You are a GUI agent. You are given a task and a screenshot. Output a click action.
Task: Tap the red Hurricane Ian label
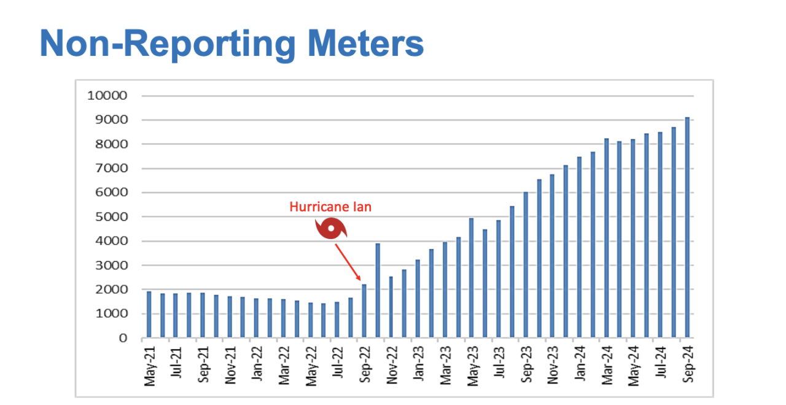330,207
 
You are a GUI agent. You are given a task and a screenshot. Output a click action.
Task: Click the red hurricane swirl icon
332,229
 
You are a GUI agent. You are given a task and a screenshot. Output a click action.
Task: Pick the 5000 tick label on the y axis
114,217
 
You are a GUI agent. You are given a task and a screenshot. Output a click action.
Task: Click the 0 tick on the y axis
123,338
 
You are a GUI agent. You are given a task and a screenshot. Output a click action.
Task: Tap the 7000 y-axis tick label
114,168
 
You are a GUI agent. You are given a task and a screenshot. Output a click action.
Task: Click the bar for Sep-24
688,227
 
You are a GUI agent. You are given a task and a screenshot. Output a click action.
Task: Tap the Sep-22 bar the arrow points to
364,311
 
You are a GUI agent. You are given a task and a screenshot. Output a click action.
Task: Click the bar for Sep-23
526,265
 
